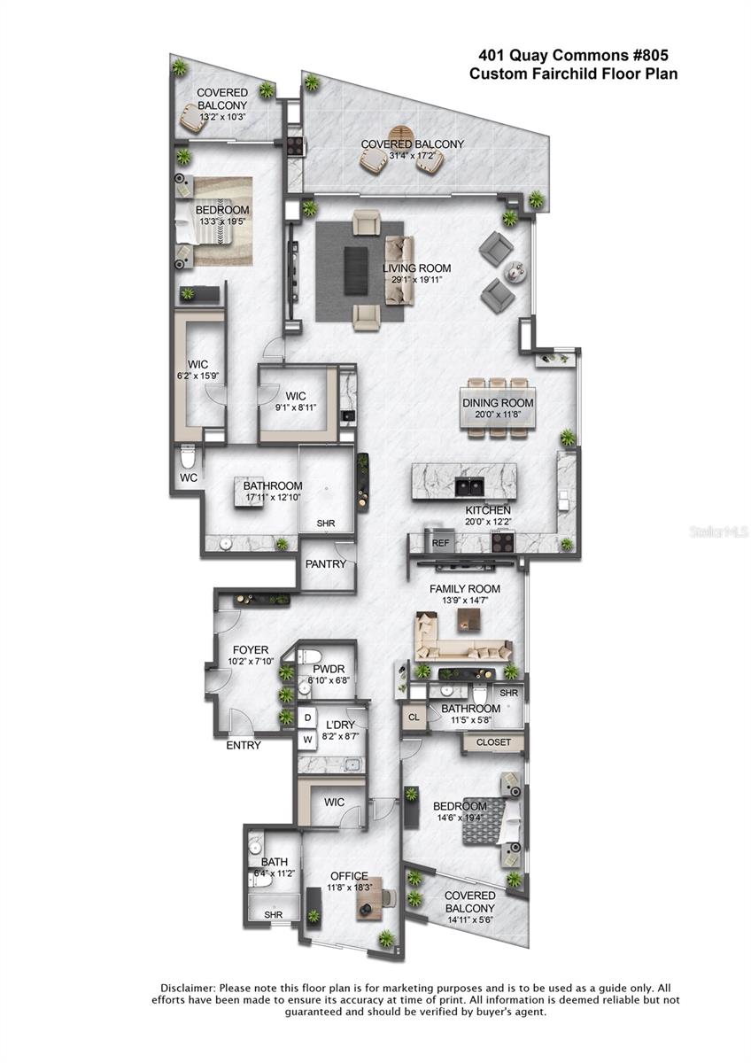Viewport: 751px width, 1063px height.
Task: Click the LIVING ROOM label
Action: pos(416,268)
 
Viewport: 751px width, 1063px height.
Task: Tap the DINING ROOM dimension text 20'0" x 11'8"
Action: pos(497,415)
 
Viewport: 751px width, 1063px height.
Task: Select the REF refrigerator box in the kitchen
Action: pos(440,543)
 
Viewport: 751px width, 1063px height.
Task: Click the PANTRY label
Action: pos(325,563)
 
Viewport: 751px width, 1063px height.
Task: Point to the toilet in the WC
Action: pos(187,457)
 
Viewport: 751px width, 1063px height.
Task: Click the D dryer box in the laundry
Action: pos(307,717)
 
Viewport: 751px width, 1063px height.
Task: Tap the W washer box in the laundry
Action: pos(307,738)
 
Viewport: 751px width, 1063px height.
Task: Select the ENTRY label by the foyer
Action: pos(243,745)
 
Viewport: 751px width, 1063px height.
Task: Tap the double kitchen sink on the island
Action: pos(468,486)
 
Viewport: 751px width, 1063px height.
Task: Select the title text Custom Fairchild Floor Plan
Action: pos(573,74)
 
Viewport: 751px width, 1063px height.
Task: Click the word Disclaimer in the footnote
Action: pos(186,987)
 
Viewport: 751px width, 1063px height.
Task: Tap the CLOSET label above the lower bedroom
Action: pos(493,742)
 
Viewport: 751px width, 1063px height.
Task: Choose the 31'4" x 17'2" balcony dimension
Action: pos(412,156)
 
